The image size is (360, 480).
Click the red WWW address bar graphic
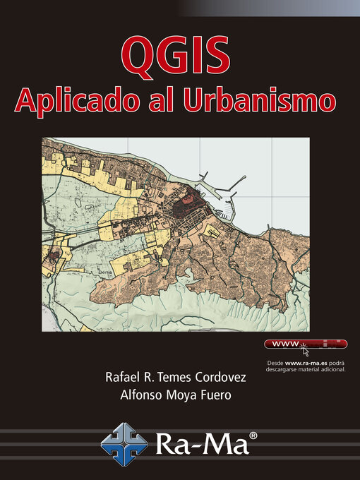[305, 344]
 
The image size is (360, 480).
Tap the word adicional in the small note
[330, 368]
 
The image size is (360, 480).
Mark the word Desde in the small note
[275, 362]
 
